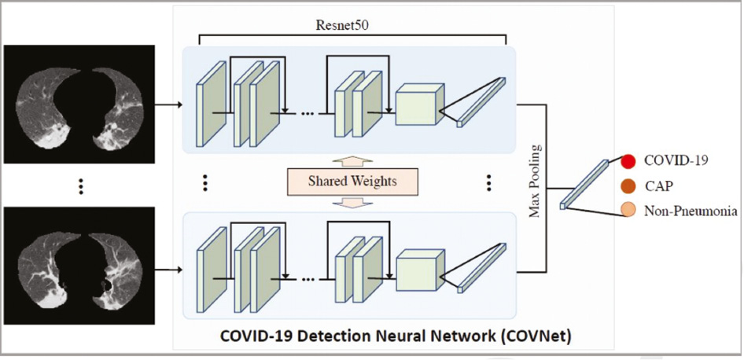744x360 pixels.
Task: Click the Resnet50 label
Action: [342, 26]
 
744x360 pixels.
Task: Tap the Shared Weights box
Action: [352, 182]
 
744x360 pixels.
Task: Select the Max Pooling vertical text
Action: [535, 181]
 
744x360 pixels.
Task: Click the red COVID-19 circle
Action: [628, 162]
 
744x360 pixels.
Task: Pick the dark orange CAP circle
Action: [628, 186]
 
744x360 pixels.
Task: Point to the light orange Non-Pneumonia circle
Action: [628, 210]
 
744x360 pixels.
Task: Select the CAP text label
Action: [658, 186]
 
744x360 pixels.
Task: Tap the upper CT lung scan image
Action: [79, 104]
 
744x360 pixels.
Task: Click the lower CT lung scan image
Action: [79, 266]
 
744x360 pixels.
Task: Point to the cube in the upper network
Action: [419, 105]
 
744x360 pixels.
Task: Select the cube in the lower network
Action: [421, 270]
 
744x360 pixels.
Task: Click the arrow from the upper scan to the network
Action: [168, 105]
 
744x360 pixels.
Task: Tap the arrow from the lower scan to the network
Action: [168, 270]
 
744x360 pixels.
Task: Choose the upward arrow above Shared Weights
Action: [352, 161]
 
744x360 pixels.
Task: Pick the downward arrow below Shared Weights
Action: [352, 201]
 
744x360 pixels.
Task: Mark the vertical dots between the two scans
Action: [81, 186]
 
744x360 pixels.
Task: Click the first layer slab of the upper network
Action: [211, 104]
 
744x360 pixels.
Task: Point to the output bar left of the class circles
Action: [584, 185]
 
